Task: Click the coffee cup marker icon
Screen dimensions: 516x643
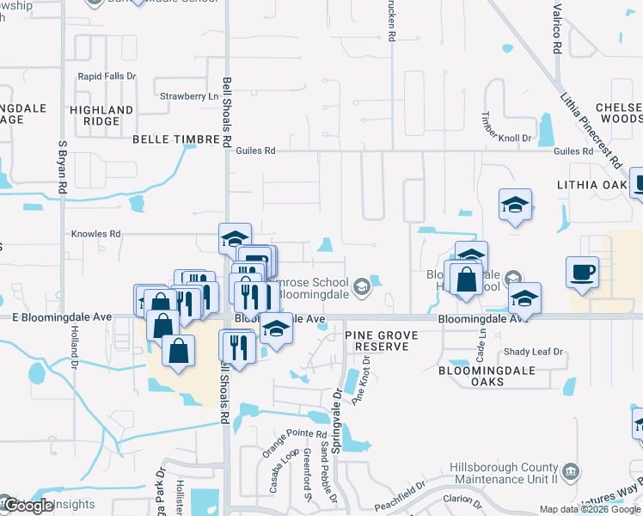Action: pyautogui.click(x=582, y=272)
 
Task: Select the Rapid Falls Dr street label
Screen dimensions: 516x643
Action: pyautogui.click(x=107, y=77)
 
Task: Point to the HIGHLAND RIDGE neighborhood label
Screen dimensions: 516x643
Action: pyautogui.click(x=102, y=115)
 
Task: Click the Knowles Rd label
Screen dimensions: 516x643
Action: pyautogui.click(x=96, y=233)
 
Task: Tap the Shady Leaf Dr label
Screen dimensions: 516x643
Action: pyautogui.click(x=534, y=352)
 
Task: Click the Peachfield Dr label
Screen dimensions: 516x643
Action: pyautogui.click(x=398, y=498)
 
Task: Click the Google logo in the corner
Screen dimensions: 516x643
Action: pyautogui.click(x=28, y=506)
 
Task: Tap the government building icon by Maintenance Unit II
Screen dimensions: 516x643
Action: pyautogui.click(x=571, y=472)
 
